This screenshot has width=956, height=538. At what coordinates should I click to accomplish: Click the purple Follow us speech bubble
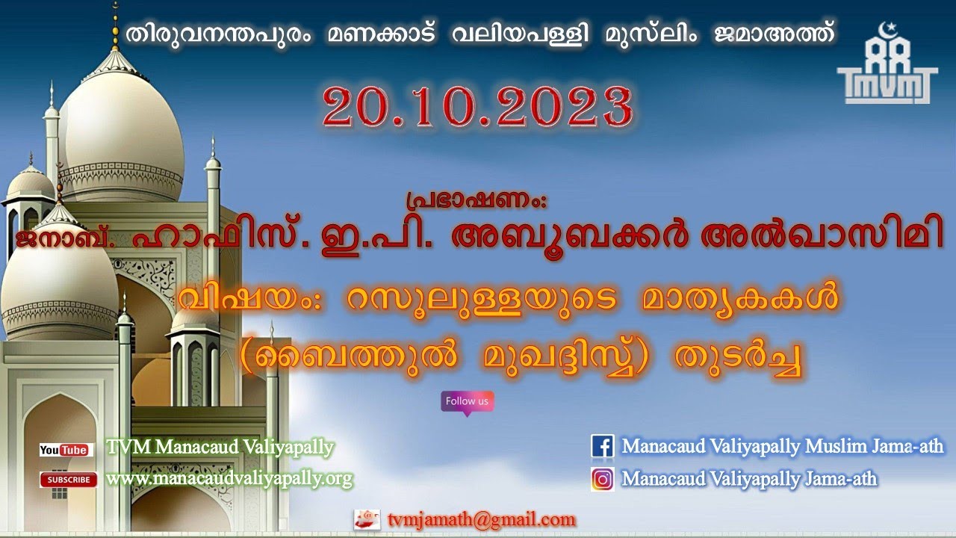coord(467,402)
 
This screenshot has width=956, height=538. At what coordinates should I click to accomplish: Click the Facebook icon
coord(602,446)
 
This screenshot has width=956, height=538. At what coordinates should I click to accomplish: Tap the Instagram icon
coord(602,478)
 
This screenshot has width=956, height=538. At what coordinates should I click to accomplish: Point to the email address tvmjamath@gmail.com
coord(482,519)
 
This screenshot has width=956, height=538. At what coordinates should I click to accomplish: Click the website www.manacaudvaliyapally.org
coord(229,478)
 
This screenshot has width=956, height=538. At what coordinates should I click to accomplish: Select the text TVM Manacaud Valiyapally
coord(220,448)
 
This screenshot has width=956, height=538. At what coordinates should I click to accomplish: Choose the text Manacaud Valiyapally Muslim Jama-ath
coord(783,447)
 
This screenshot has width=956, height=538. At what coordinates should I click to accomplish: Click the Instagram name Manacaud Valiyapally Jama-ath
coord(749,478)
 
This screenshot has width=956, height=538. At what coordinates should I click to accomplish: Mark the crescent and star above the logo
coord(888,30)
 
